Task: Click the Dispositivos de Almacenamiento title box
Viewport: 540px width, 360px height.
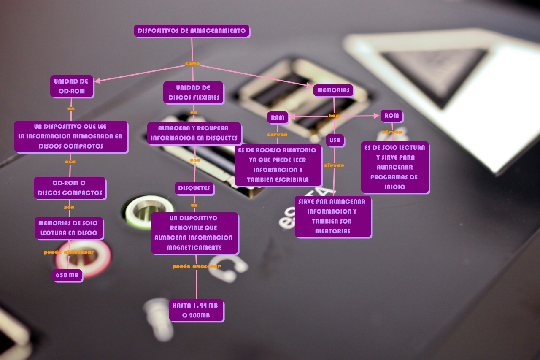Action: point(192,31)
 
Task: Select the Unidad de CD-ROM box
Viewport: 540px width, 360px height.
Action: point(72,86)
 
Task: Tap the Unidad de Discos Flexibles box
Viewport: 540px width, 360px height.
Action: point(193,92)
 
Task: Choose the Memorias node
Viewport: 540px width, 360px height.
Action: point(333,90)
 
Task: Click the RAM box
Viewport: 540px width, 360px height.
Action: point(278,118)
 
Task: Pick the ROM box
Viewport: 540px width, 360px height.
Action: point(391,116)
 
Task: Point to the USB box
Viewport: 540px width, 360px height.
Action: point(335,140)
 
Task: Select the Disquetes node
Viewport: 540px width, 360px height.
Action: point(194,188)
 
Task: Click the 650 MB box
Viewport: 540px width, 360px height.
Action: point(67,276)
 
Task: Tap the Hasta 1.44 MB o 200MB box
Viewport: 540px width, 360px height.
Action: point(197,310)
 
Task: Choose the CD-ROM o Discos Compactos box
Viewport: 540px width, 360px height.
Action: point(70,188)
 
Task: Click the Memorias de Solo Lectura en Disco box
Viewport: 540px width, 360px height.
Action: point(68,228)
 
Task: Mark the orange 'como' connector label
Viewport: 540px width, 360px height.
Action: point(192,64)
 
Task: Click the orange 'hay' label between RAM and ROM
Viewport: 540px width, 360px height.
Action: point(334,116)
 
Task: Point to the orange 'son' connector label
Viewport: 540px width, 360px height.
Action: point(69,207)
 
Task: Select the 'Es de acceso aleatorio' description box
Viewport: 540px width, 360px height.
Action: point(278,165)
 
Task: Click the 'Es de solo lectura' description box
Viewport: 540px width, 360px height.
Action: point(395,167)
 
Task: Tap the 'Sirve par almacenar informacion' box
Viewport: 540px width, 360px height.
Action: point(333,216)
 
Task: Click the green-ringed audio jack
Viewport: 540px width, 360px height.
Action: point(148,209)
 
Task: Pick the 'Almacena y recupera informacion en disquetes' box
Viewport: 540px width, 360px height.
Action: point(194,133)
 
